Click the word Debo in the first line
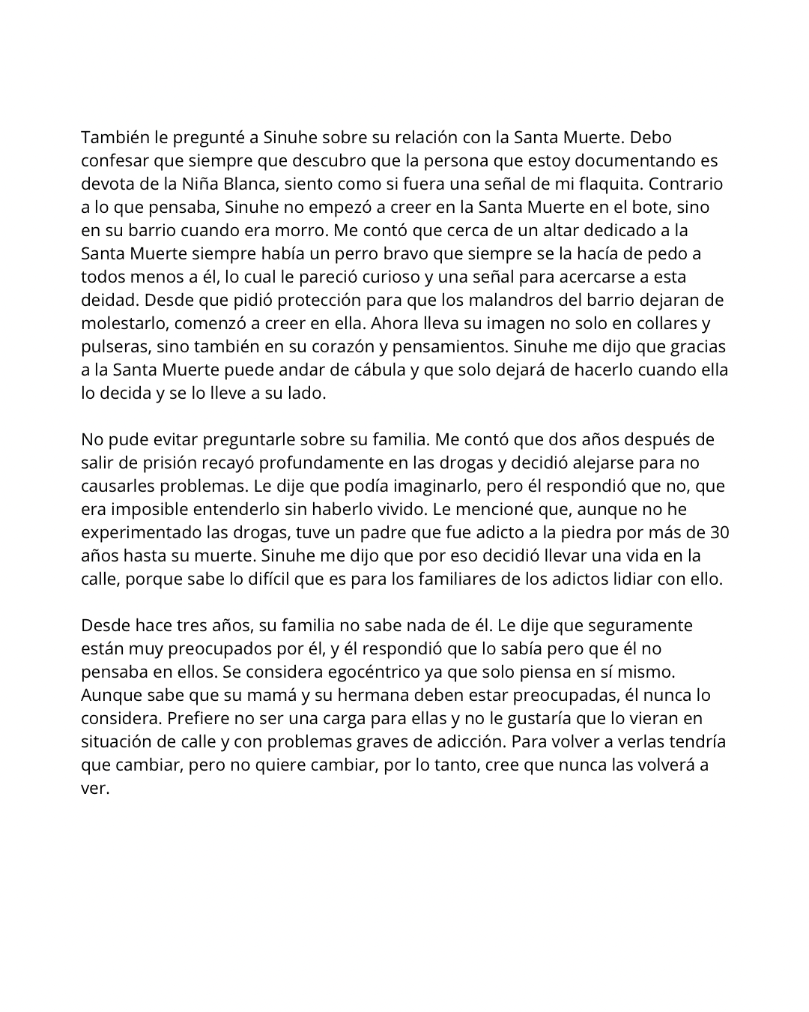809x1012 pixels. coord(651,137)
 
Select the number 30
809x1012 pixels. coord(719,532)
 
